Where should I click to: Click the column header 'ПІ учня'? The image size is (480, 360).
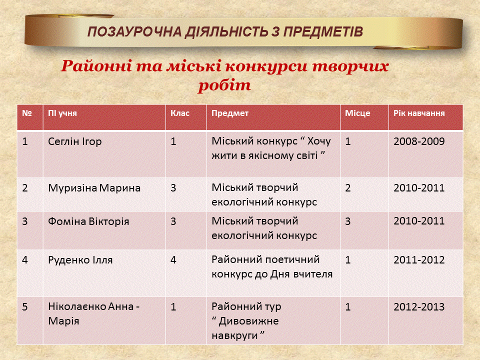click(x=62, y=113)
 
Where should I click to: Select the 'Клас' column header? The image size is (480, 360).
click(x=180, y=113)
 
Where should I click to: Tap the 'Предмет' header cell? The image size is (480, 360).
click(x=230, y=113)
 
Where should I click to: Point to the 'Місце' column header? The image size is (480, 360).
click(x=357, y=113)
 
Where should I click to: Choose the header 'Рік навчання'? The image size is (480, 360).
click(x=419, y=113)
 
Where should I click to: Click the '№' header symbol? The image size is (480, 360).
click(x=27, y=113)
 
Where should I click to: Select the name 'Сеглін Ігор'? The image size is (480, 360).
click(x=74, y=141)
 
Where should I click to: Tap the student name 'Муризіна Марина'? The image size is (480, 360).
click(x=94, y=188)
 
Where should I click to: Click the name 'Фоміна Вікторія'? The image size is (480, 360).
click(x=88, y=221)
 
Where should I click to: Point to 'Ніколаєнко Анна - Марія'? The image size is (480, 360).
click(x=93, y=314)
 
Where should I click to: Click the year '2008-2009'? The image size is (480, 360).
click(x=419, y=141)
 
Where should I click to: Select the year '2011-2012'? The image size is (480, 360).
click(x=419, y=260)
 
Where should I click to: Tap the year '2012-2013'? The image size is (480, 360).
click(x=419, y=306)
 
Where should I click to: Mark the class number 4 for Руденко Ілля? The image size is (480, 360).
click(x=173, y=260)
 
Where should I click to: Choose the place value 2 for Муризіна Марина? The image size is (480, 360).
click(x=348, y=188)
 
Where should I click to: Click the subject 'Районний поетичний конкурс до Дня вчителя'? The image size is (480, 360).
click(x=272, y=267)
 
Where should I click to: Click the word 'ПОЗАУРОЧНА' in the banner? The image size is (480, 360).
click(x=134, y=32)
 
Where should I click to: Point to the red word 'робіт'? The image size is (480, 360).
click(x=224, y=85)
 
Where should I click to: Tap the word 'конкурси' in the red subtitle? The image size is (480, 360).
click(x=266, y=66)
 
